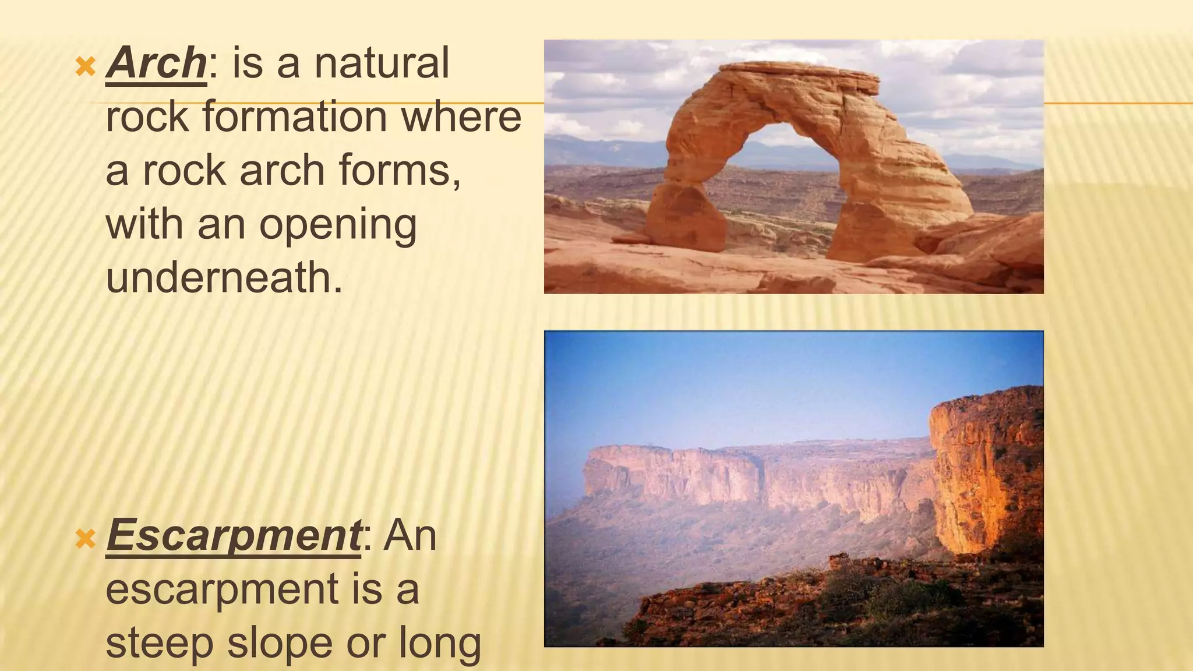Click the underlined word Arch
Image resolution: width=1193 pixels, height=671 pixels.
click(x=156, y=63)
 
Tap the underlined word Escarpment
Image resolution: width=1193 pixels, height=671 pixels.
click(x=234, y=535)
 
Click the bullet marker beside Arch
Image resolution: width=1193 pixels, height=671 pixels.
click(x=86, y=68)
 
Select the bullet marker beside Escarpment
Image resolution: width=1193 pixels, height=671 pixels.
click(x=86, y=539)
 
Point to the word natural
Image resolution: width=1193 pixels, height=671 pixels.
click(x=382, y=63)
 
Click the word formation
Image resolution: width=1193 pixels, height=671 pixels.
click(x=295, y=117)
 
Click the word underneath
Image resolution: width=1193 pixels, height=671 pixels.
click(x=224, y=278)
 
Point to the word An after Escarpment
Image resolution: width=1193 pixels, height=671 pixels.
click(x=410, y=535)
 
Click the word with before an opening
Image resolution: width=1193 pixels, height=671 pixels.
click(x=145, y=224)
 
